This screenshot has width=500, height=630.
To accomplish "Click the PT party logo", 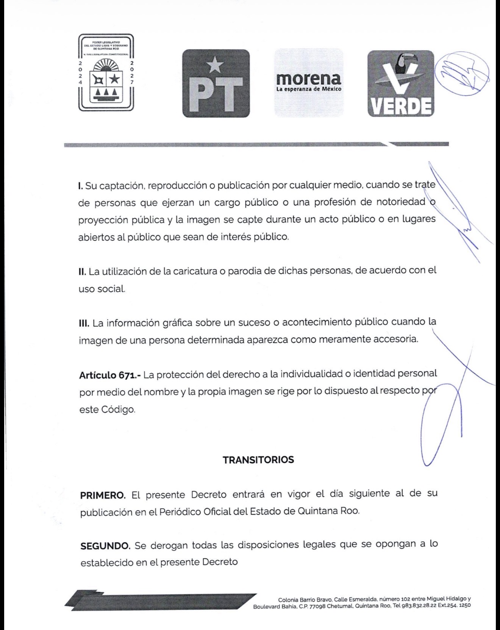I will [216, 83].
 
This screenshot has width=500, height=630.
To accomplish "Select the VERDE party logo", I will [400, 83].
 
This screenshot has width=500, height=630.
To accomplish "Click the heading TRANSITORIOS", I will [258, 460].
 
